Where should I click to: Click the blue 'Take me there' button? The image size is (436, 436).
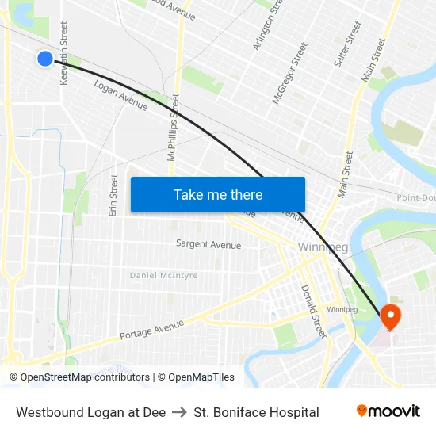218,195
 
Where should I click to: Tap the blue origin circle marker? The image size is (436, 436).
45,58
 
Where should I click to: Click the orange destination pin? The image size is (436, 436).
391,317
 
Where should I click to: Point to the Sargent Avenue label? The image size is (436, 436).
208,245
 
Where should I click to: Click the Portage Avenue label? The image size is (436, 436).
151,329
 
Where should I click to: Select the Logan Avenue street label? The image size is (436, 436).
120,95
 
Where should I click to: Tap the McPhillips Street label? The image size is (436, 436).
173,127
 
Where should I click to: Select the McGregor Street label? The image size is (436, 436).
289,74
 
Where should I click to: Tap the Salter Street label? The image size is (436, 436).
348,44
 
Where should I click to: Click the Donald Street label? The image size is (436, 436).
313,312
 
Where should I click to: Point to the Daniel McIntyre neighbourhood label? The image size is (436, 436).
164,275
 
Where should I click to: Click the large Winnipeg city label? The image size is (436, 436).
323,247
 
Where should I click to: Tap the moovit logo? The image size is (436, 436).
388,411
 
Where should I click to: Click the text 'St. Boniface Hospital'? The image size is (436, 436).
256,412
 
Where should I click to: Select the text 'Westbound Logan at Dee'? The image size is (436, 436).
90,412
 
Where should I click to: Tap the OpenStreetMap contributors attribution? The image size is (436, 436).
81,377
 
